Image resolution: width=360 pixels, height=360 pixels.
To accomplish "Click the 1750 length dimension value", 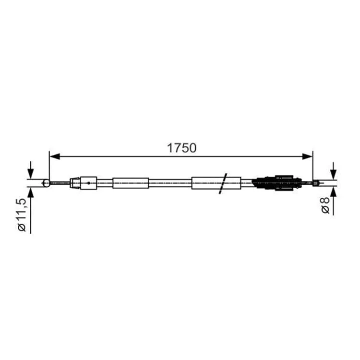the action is click(181, 148).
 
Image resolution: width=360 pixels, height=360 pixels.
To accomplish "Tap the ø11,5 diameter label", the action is click(22, 215).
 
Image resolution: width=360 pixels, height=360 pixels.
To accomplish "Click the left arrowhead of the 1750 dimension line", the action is click(55, 156).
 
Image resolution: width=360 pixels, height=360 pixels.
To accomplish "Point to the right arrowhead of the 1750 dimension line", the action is click(307, 156).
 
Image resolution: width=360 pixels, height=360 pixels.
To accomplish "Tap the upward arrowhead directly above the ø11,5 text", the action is click(31, 192).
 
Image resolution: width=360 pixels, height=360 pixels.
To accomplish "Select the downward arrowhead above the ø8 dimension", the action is click(334, 175).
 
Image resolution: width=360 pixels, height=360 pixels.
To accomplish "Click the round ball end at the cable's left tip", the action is click(46, 183).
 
